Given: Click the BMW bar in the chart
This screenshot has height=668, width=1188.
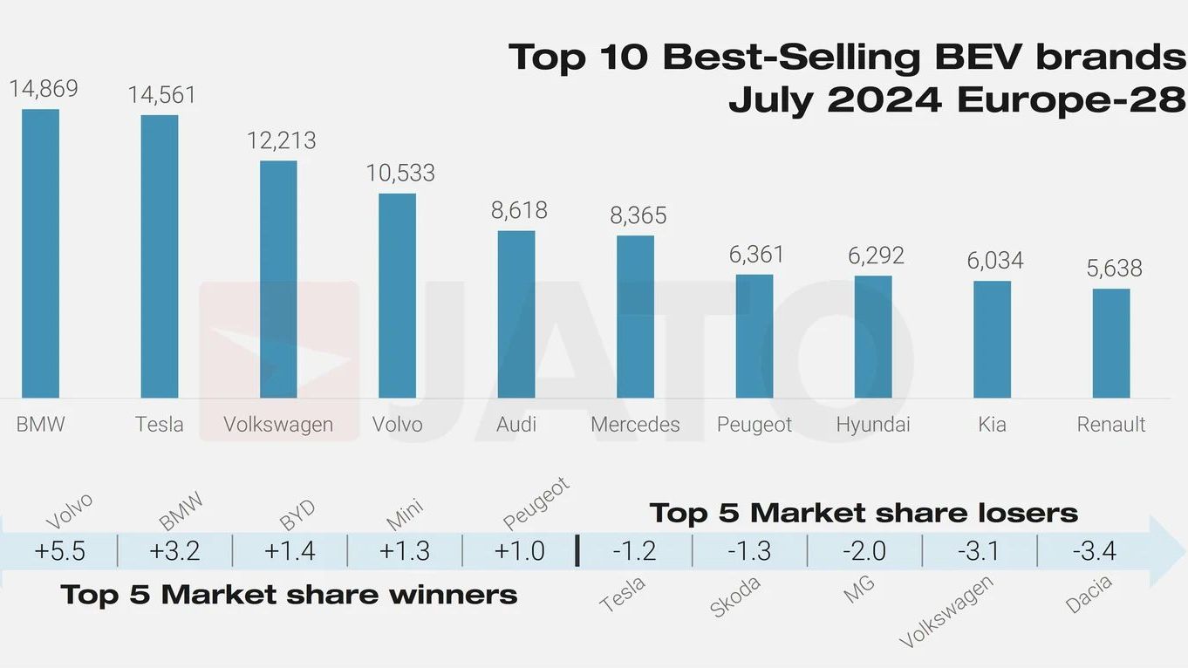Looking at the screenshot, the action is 40,254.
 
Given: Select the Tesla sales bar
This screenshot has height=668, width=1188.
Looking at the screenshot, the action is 160,256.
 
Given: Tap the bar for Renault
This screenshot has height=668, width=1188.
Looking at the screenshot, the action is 1111,343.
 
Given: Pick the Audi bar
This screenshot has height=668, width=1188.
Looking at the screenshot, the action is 516,315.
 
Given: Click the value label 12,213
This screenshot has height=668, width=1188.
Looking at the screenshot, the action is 282,140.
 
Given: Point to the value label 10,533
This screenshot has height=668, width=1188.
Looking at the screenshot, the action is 400,173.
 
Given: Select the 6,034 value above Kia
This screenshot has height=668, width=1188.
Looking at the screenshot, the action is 995,261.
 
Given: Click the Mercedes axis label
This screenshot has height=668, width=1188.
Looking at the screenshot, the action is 635,424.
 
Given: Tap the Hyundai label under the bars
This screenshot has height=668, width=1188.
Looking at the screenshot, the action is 873,425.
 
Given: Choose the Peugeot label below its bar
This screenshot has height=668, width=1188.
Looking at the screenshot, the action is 754,425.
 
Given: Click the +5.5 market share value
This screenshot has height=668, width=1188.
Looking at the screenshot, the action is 59,551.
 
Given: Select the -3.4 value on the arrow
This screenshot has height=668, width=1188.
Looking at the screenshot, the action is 1095,551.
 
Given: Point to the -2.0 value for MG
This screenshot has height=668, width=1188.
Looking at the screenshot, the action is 864,551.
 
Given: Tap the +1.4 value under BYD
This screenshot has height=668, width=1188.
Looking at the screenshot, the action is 290,551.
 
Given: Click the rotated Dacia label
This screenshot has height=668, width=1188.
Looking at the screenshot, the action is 1089,594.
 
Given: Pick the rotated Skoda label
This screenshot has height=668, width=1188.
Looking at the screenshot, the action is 735,597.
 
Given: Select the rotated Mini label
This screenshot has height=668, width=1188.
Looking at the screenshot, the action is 405,515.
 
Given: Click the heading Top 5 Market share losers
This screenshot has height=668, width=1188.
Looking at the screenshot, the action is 864,513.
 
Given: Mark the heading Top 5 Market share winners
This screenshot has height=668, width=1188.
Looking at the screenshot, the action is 289,594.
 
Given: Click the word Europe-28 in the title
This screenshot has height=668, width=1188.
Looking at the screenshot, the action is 1071,99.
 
